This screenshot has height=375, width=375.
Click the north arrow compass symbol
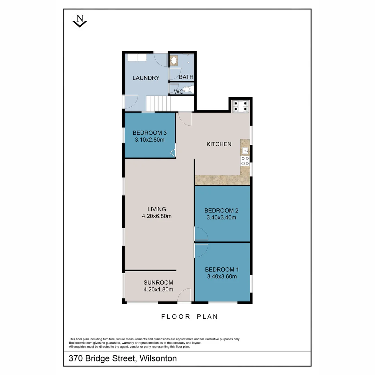point(80,21)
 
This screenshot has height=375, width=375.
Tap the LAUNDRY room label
point(146,78)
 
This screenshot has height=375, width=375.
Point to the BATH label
point(186,77)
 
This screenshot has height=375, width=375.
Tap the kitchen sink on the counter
point(245,150)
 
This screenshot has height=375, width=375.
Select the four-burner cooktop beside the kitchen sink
point(245,161)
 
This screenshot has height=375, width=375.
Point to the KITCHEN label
point(219,144)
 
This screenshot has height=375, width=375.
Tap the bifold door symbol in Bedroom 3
point(173,152)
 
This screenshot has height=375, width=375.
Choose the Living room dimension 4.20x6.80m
point(157,216)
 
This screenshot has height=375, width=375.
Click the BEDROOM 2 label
point(221,210)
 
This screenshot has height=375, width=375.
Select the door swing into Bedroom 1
point(201,250)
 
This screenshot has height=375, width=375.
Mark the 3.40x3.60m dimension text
point(222,277)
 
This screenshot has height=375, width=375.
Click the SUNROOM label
point(158,282)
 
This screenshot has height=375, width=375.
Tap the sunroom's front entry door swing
point(184,295)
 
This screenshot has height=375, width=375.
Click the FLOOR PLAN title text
point(190,316)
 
